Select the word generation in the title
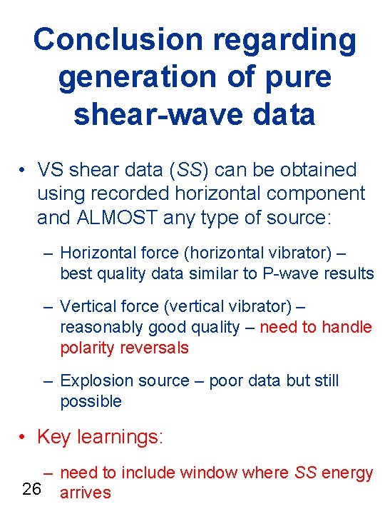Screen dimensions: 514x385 133,77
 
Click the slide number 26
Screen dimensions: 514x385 31,489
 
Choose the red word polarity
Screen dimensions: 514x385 86,348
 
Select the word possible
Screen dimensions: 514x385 91,401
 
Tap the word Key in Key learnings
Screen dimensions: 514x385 52,436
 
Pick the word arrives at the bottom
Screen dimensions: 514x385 86,493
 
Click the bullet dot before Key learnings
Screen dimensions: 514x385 24,437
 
